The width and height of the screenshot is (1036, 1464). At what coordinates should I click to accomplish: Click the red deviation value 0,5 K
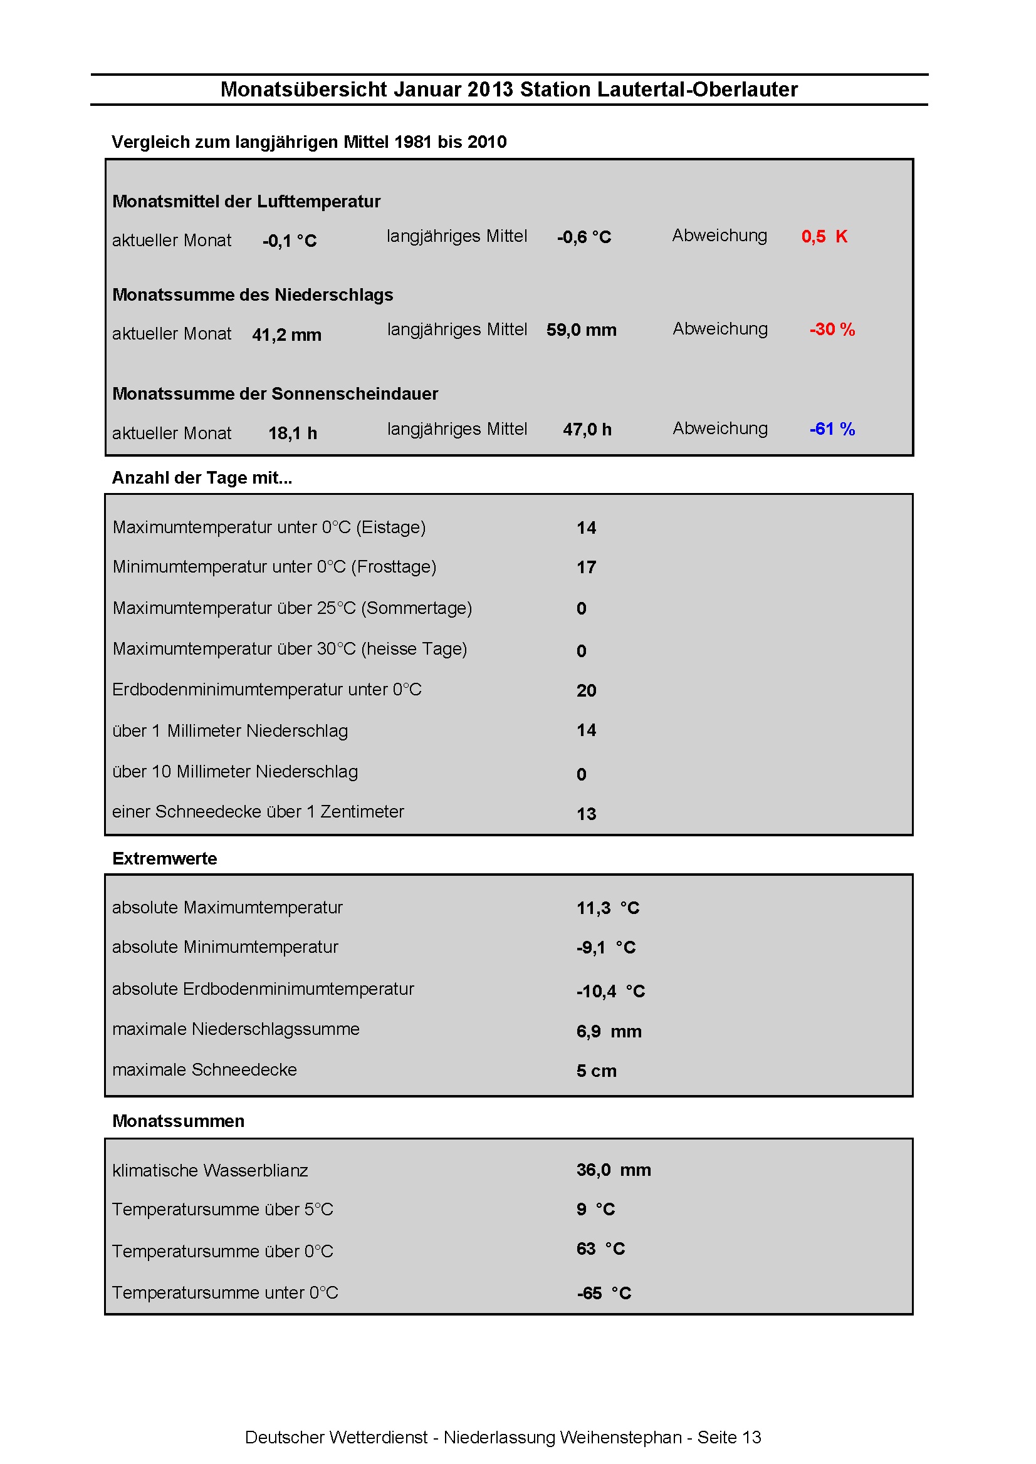824,237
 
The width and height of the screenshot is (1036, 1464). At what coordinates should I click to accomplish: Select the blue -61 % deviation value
832,429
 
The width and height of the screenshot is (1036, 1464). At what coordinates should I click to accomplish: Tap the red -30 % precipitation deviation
832,330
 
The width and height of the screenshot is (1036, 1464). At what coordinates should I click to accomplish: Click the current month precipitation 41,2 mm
286,335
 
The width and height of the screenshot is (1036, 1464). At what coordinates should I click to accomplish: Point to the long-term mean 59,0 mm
581,330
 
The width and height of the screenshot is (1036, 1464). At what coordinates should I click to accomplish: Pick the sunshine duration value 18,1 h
292,433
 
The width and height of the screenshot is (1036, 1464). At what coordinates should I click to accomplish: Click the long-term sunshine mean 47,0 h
587,430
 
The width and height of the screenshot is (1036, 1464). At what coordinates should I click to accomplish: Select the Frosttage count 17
586,568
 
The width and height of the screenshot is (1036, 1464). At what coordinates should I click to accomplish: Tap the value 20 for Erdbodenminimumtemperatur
586,690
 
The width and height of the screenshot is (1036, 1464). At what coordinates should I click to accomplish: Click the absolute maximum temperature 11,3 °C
607,908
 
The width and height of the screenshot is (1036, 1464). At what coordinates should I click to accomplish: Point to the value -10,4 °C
610,992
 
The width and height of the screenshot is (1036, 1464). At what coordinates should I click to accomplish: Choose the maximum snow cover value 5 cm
597,1071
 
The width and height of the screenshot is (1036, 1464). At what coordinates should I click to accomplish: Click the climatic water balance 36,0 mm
614,1170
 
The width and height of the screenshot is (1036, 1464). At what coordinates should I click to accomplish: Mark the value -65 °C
604,1294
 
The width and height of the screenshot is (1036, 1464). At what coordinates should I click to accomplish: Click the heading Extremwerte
165,859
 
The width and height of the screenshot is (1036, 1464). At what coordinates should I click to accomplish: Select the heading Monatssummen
178,1121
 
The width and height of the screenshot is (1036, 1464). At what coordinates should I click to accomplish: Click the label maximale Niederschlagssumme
236,1029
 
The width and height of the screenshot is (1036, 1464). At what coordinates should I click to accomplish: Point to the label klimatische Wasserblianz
210,1171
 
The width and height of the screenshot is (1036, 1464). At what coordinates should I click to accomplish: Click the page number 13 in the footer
751,1437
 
